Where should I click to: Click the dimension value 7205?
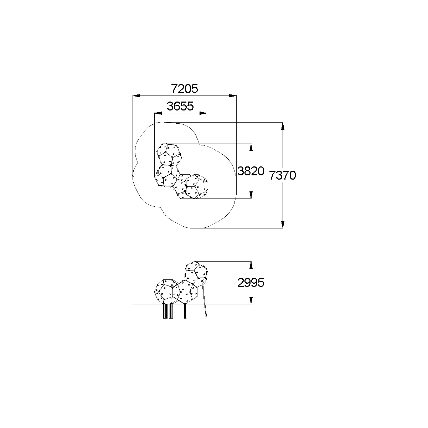pos(184,89)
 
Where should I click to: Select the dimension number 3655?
pos(180,106)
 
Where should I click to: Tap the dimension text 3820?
pos(251,171)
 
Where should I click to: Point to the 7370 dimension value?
pos(283,175)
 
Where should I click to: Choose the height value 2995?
pos(251,283)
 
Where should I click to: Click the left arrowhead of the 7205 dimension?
pos(136,96)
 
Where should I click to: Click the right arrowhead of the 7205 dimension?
pos(233,96)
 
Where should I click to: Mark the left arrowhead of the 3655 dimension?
pos(158,113)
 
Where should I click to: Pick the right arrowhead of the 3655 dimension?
pos(203,113)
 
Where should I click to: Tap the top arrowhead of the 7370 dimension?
pos(283,126)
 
